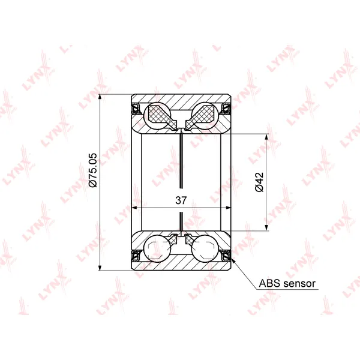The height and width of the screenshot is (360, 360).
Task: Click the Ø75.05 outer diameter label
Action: (x=93, y=170)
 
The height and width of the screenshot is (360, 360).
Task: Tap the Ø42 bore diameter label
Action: (x=259, y=182)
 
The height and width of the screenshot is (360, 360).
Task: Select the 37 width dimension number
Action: (x=181, y=200)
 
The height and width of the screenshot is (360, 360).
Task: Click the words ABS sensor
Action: (x=287, y=284)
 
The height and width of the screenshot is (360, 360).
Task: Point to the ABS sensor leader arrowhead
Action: (x=233, y=261)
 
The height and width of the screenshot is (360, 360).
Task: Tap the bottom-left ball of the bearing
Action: (x=157, y=248)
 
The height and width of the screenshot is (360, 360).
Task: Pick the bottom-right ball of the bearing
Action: (x=205, y=248)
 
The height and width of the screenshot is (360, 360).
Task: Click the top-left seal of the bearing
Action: (x=136, y=109)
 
